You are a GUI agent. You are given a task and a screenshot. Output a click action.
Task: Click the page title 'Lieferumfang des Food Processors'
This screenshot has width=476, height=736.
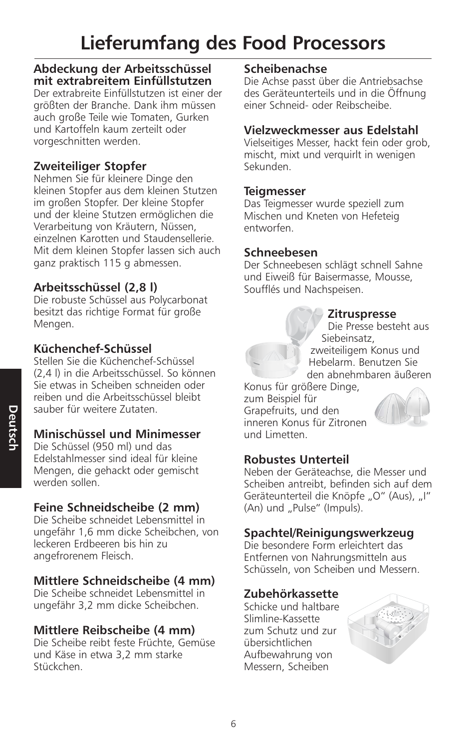tap(233, 43)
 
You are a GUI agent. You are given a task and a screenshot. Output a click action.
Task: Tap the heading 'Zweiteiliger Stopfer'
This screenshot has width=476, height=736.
tap(90, 166)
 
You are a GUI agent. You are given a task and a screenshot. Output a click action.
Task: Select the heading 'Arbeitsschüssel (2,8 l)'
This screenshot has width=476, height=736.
tap(95, 287)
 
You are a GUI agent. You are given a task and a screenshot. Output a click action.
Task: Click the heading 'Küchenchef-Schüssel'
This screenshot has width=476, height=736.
tap(92, 349)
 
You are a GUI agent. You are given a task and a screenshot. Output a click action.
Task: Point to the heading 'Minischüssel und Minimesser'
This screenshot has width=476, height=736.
tap(117, 434)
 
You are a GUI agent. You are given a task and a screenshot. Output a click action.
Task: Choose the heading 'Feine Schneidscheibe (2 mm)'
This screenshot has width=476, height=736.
tap(116, 507)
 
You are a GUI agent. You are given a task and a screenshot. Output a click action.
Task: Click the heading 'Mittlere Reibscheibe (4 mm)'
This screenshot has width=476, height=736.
tap(114, 630)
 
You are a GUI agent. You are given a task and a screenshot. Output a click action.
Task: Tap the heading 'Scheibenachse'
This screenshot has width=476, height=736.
tap(285, 69)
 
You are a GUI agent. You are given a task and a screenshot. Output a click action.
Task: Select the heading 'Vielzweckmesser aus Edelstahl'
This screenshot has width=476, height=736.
tap(331, 130)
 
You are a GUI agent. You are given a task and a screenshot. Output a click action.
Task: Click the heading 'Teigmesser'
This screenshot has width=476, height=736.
tap(274, 192)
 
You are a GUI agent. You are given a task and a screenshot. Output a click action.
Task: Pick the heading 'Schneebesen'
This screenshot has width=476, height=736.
tap(280, 252)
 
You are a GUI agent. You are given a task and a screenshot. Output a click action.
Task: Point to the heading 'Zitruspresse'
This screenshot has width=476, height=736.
tap(362, 314)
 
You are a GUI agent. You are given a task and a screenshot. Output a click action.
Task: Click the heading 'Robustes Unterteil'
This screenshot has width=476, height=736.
tap(296, 460)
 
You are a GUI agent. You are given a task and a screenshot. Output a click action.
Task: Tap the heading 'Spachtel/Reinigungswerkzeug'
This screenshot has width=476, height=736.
tap(329, 533)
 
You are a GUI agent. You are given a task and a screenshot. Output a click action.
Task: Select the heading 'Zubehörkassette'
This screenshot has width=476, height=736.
tap(291, 594)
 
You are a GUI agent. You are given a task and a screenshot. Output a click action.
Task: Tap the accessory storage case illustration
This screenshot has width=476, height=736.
tap(388, 631)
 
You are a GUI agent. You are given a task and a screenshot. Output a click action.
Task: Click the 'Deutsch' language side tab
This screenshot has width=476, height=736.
tap(11, 428)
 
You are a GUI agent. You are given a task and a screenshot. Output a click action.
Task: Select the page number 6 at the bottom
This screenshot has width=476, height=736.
tap(233, 724)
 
